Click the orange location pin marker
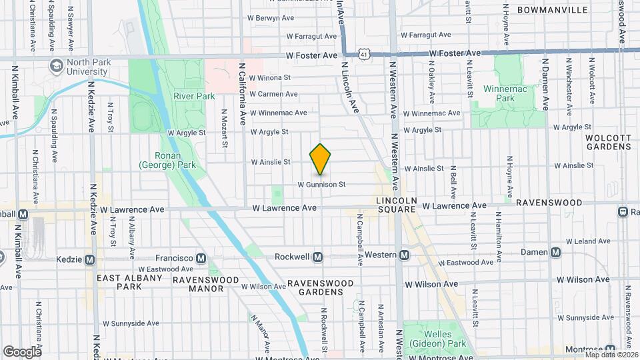click(x=321, y=159)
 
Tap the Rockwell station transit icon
click(x=318, y=257)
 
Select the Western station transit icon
click(x=405, y=255)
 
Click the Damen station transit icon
click(x=554, y=252)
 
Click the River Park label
click(x=194, y=96)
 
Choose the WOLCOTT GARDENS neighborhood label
click(x=607, y=142)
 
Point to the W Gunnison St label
click(x=321, y=184)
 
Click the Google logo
click(x=21, y=351)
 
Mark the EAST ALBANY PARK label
click(x=130, y=282)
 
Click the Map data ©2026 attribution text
click(x=610, y=355)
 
